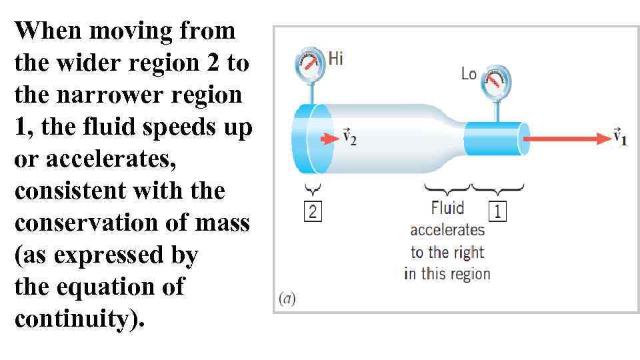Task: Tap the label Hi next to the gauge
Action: [x=336, y=59]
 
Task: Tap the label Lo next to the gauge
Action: [x=469, y=74]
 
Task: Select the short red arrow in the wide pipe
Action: [x=329, y=139]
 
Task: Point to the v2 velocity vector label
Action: [x=350, y=138]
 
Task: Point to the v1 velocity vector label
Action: [x=620, y=138]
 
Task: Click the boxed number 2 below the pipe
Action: [x=313, y=212]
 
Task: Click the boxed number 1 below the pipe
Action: [x=497, y=212]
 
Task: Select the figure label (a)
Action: [x=286, y=298]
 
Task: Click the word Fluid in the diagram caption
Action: [x=447, y=208]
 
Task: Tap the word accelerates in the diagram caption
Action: [x=447, y=230]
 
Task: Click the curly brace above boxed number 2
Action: [x=313, y=189]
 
